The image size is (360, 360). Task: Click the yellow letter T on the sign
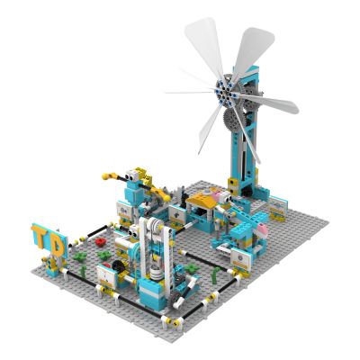pos(40,236)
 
